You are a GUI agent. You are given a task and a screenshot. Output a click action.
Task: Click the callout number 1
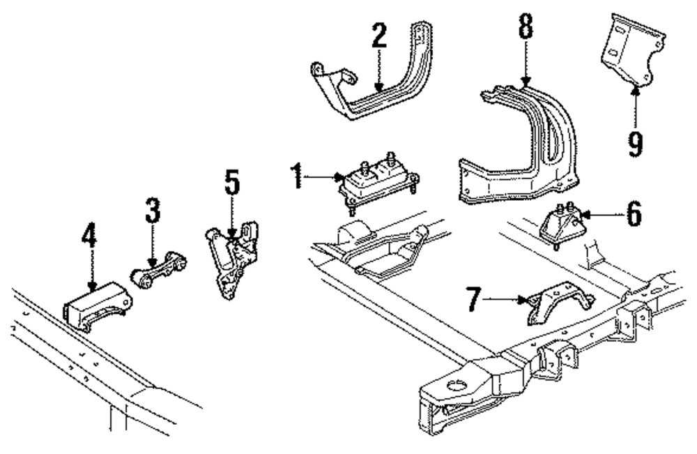298,177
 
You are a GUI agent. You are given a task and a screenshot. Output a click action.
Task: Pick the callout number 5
232,183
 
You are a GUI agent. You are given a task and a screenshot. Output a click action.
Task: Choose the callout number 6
633,213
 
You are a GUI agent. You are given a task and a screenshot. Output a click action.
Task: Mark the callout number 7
474,301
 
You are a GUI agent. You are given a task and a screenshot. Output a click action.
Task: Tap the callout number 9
635,143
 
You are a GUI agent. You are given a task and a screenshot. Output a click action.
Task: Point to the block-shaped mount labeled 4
97,305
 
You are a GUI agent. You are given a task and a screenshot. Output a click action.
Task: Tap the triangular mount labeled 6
564,225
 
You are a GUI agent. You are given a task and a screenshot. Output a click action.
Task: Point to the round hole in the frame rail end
457,383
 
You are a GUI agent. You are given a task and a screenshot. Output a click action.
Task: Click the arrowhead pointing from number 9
634,89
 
